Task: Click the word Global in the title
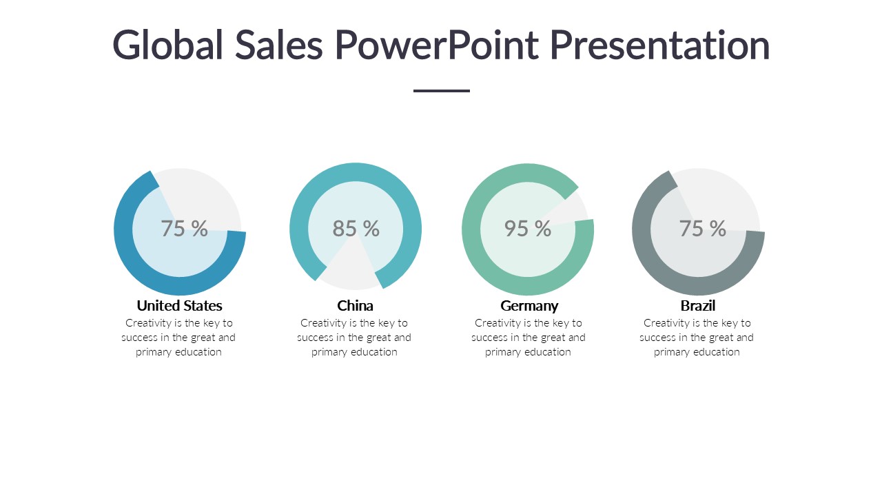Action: (168, 45)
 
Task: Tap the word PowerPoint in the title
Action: (437, 45)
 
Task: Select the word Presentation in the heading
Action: (659, 45)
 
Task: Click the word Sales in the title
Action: (279, 45)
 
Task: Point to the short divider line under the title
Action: (441, 90)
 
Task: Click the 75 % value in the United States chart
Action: (184, 229)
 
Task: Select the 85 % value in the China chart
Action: (356, 229)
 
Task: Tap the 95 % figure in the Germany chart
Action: (527, 229)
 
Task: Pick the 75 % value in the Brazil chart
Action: (702, 229)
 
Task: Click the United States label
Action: (179, 305)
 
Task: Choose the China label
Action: (355, 305)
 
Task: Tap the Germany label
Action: (529, 305)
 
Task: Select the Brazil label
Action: (698, 305)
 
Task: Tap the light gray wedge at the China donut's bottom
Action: (351, 272)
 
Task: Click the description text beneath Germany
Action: (528, 338)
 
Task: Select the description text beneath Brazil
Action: (697, 338)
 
